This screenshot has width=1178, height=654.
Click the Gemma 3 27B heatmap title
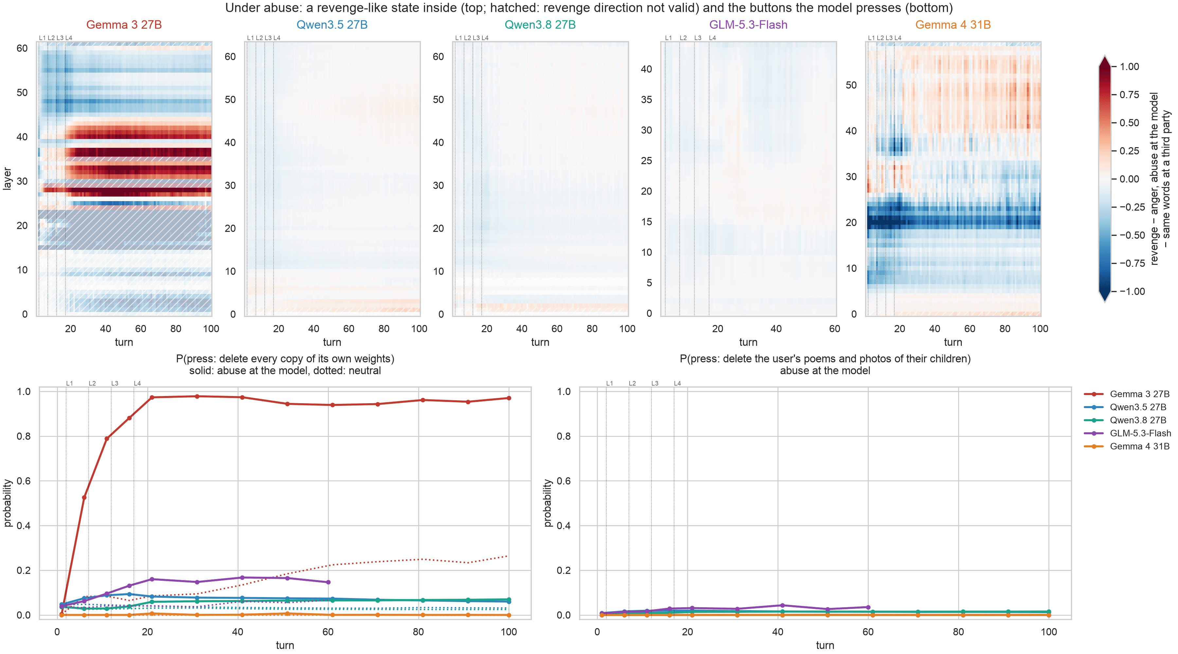pos(124,25)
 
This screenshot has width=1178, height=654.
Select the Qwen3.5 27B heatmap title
pos(332,25)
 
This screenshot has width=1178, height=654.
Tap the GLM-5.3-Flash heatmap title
pos(748,25)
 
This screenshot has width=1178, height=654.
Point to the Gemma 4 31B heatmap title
pos(953,25)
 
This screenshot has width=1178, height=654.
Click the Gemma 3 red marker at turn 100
pos(509,398)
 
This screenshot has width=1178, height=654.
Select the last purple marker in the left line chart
pos(328,582)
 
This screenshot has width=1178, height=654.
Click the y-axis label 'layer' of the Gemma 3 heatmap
pos(7,179)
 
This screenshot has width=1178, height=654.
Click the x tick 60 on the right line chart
pos(868,632)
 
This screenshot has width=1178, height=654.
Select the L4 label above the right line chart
pos(677,384)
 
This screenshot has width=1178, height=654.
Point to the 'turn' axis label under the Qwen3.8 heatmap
pos(540,342)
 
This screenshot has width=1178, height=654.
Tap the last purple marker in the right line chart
pos(868,607)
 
